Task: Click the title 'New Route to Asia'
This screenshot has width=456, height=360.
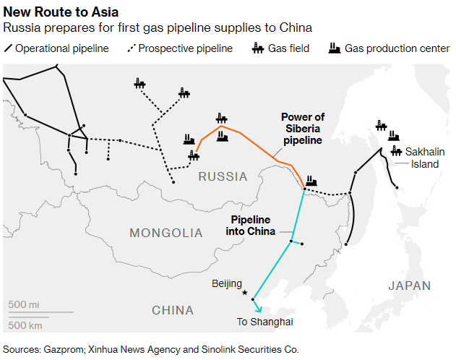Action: click(x=61, y=12)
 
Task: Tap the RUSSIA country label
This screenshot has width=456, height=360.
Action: click(x=223, y=176)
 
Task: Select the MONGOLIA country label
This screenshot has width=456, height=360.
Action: click(x=166, y=233)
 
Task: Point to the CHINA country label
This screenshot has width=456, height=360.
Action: click(x=173, y=310)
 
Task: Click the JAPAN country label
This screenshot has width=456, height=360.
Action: click(x=409, y=286)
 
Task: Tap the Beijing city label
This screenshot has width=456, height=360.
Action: click(x=227, y=283)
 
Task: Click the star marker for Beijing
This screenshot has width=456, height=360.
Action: click(x=245, y=293)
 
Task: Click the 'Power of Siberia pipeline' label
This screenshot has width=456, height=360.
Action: click(x=302, y=129)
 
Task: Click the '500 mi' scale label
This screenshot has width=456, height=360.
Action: click(x=24, y=304)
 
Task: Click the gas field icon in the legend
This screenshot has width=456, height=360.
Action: click(x=258, y=48)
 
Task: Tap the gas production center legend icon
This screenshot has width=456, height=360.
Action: click(x=335, y=48)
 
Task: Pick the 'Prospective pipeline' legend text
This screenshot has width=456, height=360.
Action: click(x=185, y=49)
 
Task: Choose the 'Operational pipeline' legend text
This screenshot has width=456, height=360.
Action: click(x=61, y=49)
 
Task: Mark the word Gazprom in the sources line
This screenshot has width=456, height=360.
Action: click(x=64, y=348)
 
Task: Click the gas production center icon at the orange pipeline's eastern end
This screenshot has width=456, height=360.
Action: click(x=311, y=181)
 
